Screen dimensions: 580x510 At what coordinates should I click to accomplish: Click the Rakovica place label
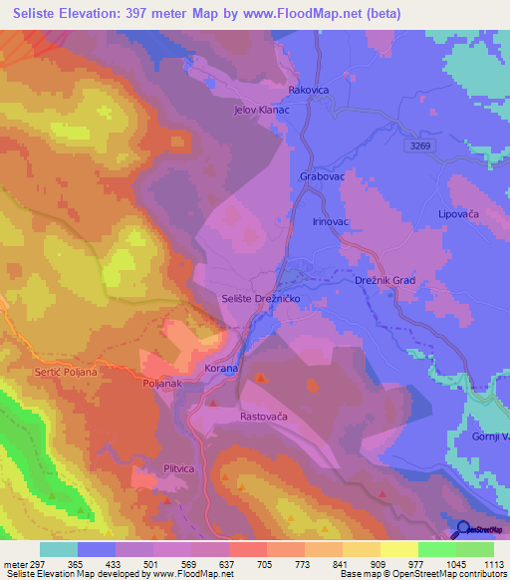point(308,90)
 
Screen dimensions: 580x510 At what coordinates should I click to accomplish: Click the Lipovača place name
point(459,214)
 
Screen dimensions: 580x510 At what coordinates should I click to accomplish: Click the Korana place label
point(221,369)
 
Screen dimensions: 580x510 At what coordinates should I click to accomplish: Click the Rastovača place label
point(264,417)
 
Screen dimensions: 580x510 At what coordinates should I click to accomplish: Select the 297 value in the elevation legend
point(30,563)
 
